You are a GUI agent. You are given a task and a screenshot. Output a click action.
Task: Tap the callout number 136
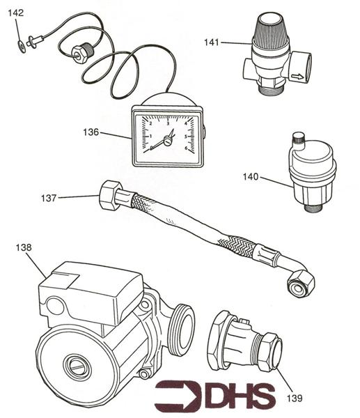(91, 132)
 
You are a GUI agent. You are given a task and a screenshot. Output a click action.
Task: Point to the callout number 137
(48, 199)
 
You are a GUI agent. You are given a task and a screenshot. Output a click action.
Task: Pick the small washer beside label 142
(21, 46)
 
